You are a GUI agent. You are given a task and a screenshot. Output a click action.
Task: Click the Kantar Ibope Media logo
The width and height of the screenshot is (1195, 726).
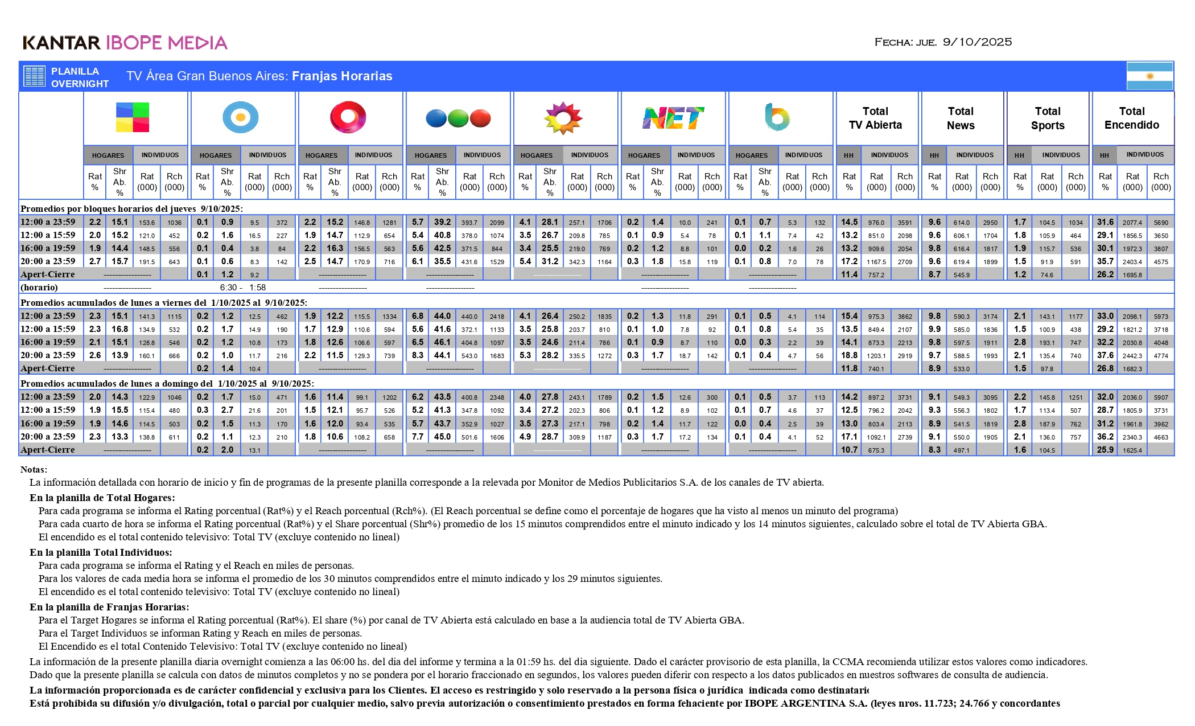tap(125, 43)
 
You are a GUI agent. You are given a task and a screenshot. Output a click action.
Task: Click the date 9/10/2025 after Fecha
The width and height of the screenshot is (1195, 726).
tap(977, 42)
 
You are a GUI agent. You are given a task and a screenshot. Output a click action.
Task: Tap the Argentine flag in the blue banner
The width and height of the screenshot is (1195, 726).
tap(1149, 76)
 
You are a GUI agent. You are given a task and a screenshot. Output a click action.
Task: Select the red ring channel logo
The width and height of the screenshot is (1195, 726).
tap(348, 117)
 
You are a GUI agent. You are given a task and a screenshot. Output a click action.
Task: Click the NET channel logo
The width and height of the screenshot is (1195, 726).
tap(673, 118)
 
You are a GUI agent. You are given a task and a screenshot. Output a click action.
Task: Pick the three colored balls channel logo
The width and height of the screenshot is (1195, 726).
tap(458, 118)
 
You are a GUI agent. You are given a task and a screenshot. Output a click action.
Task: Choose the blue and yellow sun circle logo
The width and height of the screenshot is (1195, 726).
tap(240, 117)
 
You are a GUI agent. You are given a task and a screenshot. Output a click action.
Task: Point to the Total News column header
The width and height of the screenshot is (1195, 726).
tap(961, 118)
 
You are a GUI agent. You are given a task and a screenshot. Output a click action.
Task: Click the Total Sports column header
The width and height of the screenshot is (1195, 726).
tap(1047, 118)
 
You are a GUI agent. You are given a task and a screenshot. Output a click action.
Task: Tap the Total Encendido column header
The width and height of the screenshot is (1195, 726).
tap(1131, 118)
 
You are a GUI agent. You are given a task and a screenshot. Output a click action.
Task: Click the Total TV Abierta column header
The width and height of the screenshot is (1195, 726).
tap(875, 118)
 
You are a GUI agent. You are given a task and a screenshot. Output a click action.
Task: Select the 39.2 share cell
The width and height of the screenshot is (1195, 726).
tap(442, 222)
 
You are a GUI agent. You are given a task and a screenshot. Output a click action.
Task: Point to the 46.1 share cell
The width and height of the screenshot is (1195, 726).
tap(442, 342)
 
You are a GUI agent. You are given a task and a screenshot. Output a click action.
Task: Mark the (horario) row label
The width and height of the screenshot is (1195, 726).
tap(39, 288)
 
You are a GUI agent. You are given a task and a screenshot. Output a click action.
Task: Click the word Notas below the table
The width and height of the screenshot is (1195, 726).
tap(34, 470)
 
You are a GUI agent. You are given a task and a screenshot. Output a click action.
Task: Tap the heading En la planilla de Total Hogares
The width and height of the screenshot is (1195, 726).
tap(102, 498)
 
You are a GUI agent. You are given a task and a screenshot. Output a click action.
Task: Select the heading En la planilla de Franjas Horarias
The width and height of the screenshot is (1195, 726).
tap(109, 607)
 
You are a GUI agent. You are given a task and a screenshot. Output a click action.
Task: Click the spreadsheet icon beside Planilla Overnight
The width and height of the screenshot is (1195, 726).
tap(34, 76)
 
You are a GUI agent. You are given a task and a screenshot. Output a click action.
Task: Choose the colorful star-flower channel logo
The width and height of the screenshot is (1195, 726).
tap(563, 118)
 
